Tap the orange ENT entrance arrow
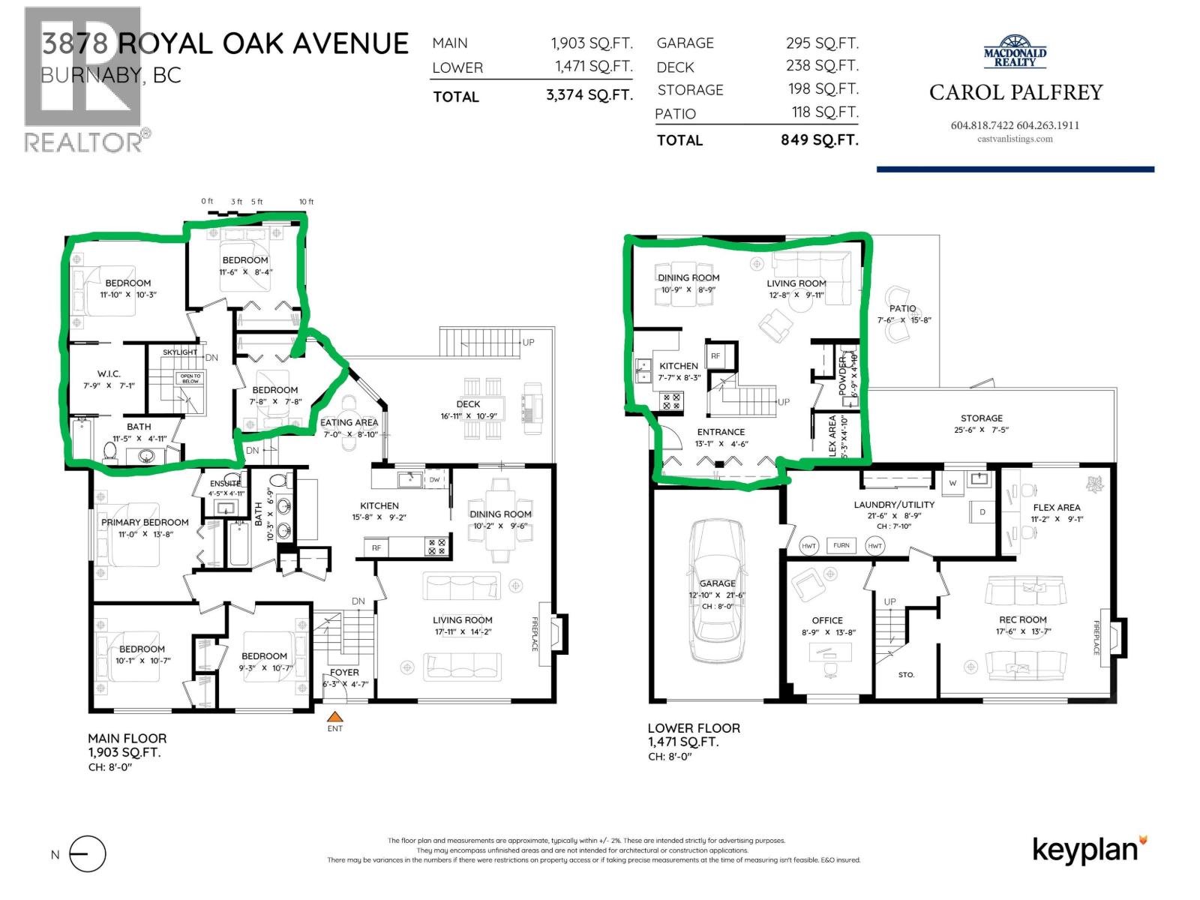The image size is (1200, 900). (x=335, y=716)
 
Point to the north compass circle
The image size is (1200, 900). (x=88, y=854)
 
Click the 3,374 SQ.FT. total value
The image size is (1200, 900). (x=589, y=95)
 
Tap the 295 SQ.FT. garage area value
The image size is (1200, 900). (x=822, y=43)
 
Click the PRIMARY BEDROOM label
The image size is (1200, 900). (x=145, y=522)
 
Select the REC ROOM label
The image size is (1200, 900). (x=1022, y=619)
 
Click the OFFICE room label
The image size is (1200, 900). (x=827, y=620)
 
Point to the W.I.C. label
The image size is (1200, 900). (x=109, y=373)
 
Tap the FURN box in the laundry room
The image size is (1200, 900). (x=841, y=545)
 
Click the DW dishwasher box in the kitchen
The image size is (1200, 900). (x=434, y=479)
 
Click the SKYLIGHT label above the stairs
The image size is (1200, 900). (x=180, y=352)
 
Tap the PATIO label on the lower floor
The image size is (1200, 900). (x=902, y=308)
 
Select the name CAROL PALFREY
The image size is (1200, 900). (x=1015, y=92)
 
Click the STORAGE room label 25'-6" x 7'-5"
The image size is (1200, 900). (x=981, y=418)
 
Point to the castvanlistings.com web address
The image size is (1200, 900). (x=1015, y=139)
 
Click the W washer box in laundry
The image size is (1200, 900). (x=952, y=483)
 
